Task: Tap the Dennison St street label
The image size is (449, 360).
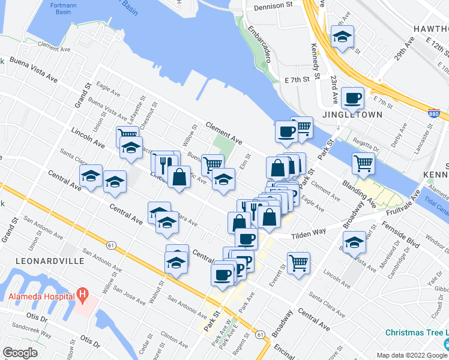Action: pos(276,5)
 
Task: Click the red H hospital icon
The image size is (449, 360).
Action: pos(83,295)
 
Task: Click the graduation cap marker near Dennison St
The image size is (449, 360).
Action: pos(342,37)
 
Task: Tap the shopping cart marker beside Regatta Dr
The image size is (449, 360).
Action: pos(363,163)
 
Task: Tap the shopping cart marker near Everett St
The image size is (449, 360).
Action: pos(298,262)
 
